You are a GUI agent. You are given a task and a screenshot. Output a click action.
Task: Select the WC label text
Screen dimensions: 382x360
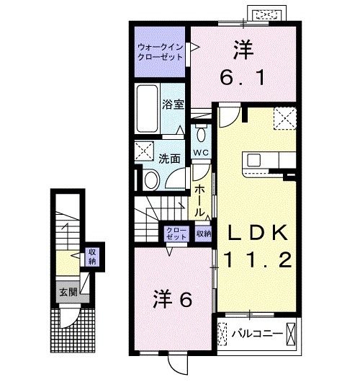201,153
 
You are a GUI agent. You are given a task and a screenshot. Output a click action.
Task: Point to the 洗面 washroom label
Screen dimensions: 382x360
169,159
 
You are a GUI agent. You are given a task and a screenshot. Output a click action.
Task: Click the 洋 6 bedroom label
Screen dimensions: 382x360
173,299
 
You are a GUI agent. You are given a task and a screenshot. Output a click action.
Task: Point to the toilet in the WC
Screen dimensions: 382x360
201,135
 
